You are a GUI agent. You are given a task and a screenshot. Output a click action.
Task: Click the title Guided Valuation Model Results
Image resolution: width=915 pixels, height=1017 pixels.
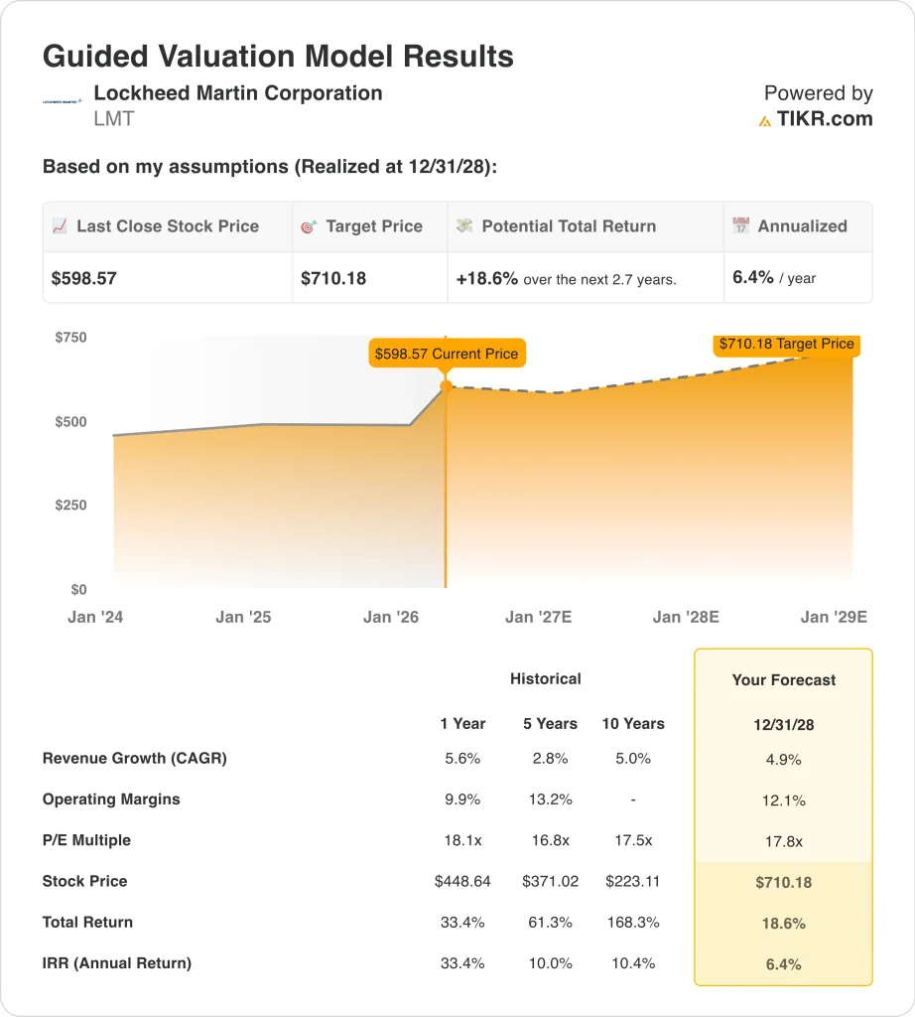[x=278, y=56]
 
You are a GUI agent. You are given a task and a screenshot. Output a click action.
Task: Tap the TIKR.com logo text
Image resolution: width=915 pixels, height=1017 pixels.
[x=824, y=119]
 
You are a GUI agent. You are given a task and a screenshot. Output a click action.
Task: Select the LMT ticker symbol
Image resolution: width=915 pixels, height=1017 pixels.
[x=113, y=119]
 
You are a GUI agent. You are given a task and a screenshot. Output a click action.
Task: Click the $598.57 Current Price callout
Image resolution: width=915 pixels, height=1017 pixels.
[x=446, y=354]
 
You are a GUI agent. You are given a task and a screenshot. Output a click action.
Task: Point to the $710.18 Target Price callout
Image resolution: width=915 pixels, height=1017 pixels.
[x=785, y=344]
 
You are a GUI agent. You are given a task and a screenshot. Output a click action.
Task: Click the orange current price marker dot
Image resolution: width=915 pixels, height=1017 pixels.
[x=446, y=387]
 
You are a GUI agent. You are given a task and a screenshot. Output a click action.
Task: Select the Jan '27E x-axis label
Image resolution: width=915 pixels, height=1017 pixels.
[x=538, y=617]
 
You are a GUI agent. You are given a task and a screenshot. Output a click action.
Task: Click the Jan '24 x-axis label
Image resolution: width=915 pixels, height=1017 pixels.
[x=95, y=617]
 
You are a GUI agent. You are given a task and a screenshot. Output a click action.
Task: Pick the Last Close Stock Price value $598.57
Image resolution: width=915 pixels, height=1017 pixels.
[x=84, y=278]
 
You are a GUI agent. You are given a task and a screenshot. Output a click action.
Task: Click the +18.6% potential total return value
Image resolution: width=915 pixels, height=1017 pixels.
[x=487, y=278]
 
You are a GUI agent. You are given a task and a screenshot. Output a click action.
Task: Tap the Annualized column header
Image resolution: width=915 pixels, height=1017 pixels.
[x=802, y=226]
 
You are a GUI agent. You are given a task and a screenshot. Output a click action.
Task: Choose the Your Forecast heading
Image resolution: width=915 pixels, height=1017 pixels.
[x=783, y=680]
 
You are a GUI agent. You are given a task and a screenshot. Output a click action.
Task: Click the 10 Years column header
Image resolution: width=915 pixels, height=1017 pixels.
[x=633, y=723]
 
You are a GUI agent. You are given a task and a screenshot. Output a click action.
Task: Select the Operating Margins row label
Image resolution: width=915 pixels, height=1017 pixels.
[x=111, y=799]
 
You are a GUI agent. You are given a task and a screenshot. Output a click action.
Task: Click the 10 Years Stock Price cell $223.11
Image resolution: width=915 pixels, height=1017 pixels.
[x=633, y=881]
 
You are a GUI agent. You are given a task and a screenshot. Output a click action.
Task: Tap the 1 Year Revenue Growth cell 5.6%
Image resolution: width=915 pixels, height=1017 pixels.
[x=460, y=759]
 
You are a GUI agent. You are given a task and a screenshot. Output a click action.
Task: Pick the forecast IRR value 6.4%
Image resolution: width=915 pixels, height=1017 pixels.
[x=783, y=963]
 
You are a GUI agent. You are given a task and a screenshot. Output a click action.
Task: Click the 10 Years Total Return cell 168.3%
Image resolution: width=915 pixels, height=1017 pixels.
[x=633, y=922]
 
